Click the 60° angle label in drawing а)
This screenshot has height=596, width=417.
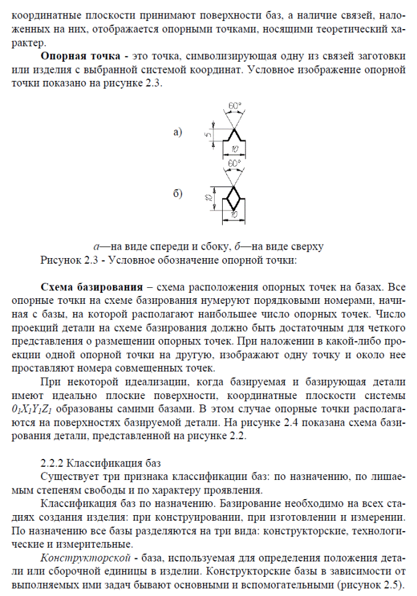tap(234, 106)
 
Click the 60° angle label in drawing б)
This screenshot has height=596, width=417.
tap(234, 162)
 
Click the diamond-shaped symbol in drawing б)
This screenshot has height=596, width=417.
tap(234, 198)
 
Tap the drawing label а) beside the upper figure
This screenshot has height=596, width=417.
tap(179, 132)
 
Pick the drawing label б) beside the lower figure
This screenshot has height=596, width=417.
tap(179, 195)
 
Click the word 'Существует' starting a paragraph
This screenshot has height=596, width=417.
tap(67, 476)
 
